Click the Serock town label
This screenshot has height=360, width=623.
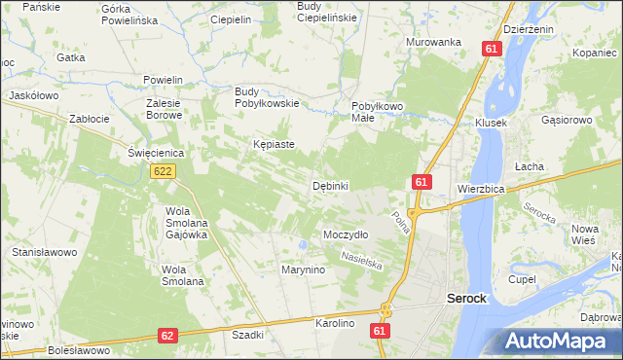pyautogui.click(x=466, y=299)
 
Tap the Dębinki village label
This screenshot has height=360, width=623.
pyautogui.click(x=330, y=186)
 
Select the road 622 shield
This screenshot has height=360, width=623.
pyautogui.click(x=163, y=171)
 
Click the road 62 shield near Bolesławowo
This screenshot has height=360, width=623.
pyautogui.click(x=167, y=336)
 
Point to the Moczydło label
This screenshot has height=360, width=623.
pyautogui.click(x=345, y=235)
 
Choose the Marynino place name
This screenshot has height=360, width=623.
pyautogui.click(x=302, y=270)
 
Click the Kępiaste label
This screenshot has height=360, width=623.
pyautogui.click(x=274, y=144)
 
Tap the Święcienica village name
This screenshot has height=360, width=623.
pyautogui.click(x=156, y=153)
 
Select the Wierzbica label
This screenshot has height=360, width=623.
pyautogui.click(x=480, y=188)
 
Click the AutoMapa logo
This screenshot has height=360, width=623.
pyautogui.click(x=562, y=342)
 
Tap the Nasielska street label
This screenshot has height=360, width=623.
pyautogui.click(x=362, y=260)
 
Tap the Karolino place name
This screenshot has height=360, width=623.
pyautogui.click(x=334, y=322)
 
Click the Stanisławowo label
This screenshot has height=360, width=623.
pyautogui.click(x=44, y=252)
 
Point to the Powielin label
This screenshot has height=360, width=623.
pyautogui.click(x=163, y=80)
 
